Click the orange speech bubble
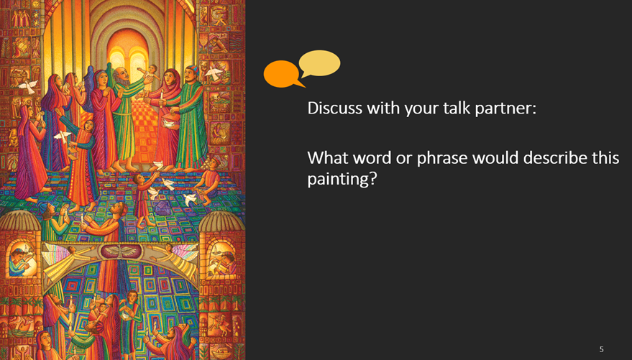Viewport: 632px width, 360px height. (x=282, y=74)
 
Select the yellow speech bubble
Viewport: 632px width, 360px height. (x=320, y=63)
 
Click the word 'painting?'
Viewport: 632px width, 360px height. (x=342, y=179)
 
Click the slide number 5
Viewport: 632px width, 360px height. (x=601, y=349)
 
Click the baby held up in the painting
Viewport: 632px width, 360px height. (x=150, y=75)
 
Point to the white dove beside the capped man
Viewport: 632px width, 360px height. (x=214, y=73)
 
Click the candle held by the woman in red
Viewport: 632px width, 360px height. (x=162, y=96)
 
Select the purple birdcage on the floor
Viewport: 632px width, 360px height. (x=162, y=208)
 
